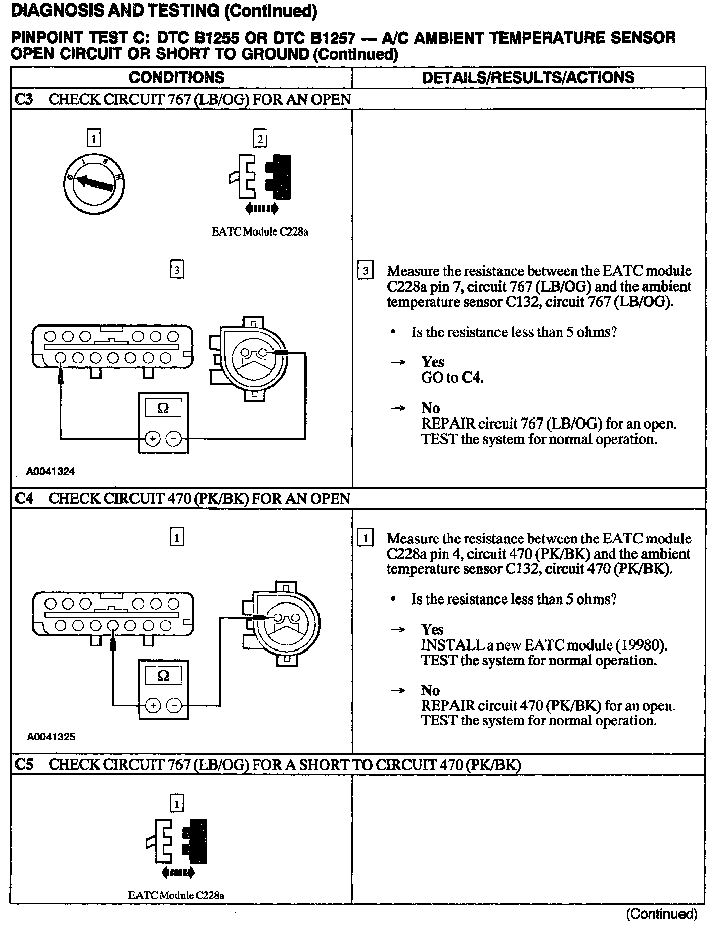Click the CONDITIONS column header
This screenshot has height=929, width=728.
pos(176,77)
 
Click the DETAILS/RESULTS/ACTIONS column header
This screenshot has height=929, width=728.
pos(528,77)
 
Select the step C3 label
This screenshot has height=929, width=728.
pos(24,99)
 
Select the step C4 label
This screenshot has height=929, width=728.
pos(24,498)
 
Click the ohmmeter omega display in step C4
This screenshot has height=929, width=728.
pos(163,675)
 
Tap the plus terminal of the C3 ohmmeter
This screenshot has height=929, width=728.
pos(152,439)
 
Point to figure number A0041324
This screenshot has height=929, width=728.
pos(51,471)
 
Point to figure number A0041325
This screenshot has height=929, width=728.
pos(51,736)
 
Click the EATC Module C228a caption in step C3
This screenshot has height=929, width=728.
pos(260,232)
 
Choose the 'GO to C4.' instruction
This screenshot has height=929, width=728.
pos(452,378)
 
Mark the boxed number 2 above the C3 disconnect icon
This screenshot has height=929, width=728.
pos(260,138)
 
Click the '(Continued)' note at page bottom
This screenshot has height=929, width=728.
pos(662,914)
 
